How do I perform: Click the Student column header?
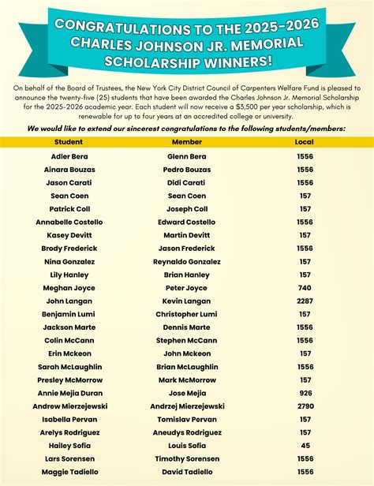point(69,142)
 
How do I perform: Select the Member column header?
point(187,142)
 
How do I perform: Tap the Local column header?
point(305,142)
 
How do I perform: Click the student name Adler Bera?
point(69,156)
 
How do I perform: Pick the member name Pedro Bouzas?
point(187,170)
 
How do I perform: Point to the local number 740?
point(305,288)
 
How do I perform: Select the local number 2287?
point(305,301)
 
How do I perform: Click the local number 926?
point(305,392)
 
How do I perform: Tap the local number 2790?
point(305,406)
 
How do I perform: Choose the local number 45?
point(305,445)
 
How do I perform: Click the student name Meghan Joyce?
point(69,288)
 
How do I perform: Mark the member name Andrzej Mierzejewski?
point(187,406)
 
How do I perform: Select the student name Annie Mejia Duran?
point(69,392)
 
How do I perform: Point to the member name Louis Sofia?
point(187,445)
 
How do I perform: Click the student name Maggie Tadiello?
point(69,471)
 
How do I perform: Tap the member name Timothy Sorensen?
point(187,458)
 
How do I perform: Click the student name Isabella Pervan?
point(69,419)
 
